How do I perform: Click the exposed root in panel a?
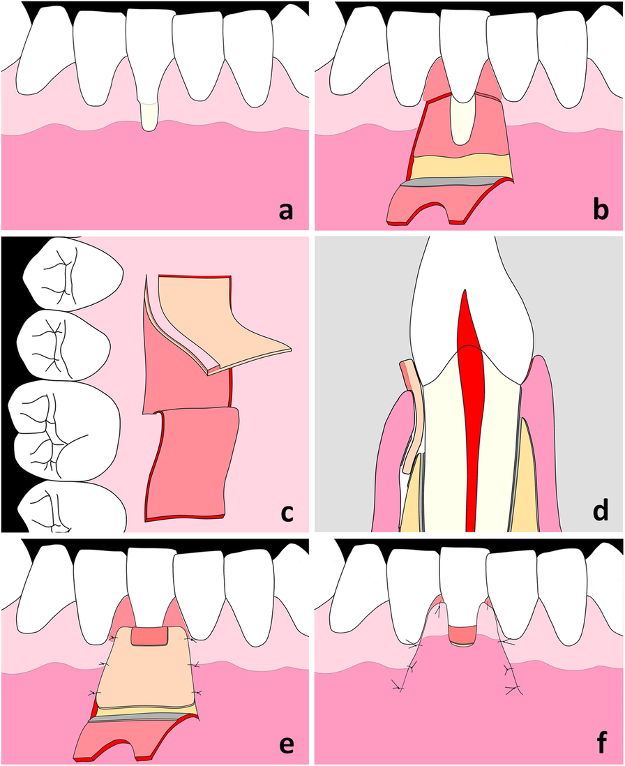tap(149, 116)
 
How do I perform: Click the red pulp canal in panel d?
tap(474, 391)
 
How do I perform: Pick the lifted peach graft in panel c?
tap(223, 314)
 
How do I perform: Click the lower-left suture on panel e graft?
tap(92, 693)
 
